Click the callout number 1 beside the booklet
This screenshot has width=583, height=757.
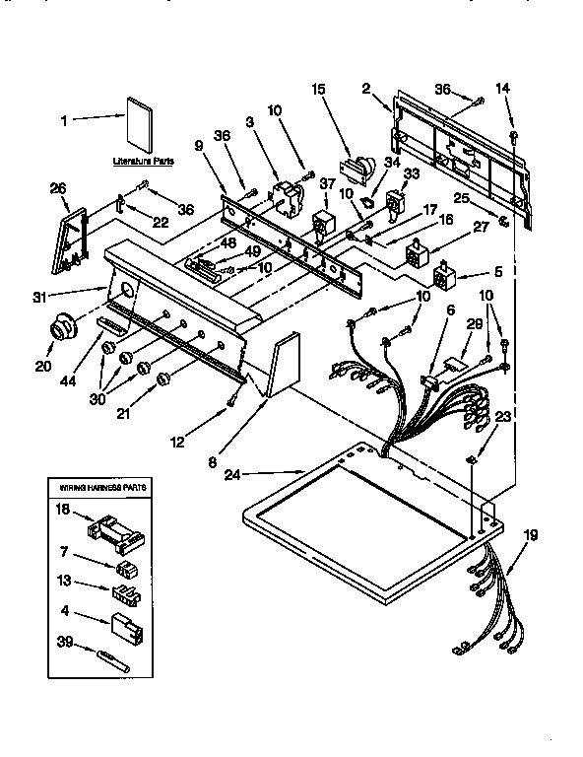click(65, 120)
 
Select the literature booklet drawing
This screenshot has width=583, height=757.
click(137, 122)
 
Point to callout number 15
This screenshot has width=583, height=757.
click(317, 90)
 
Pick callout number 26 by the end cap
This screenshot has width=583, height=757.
click(58, 189)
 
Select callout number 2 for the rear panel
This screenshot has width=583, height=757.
click(366, 90)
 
